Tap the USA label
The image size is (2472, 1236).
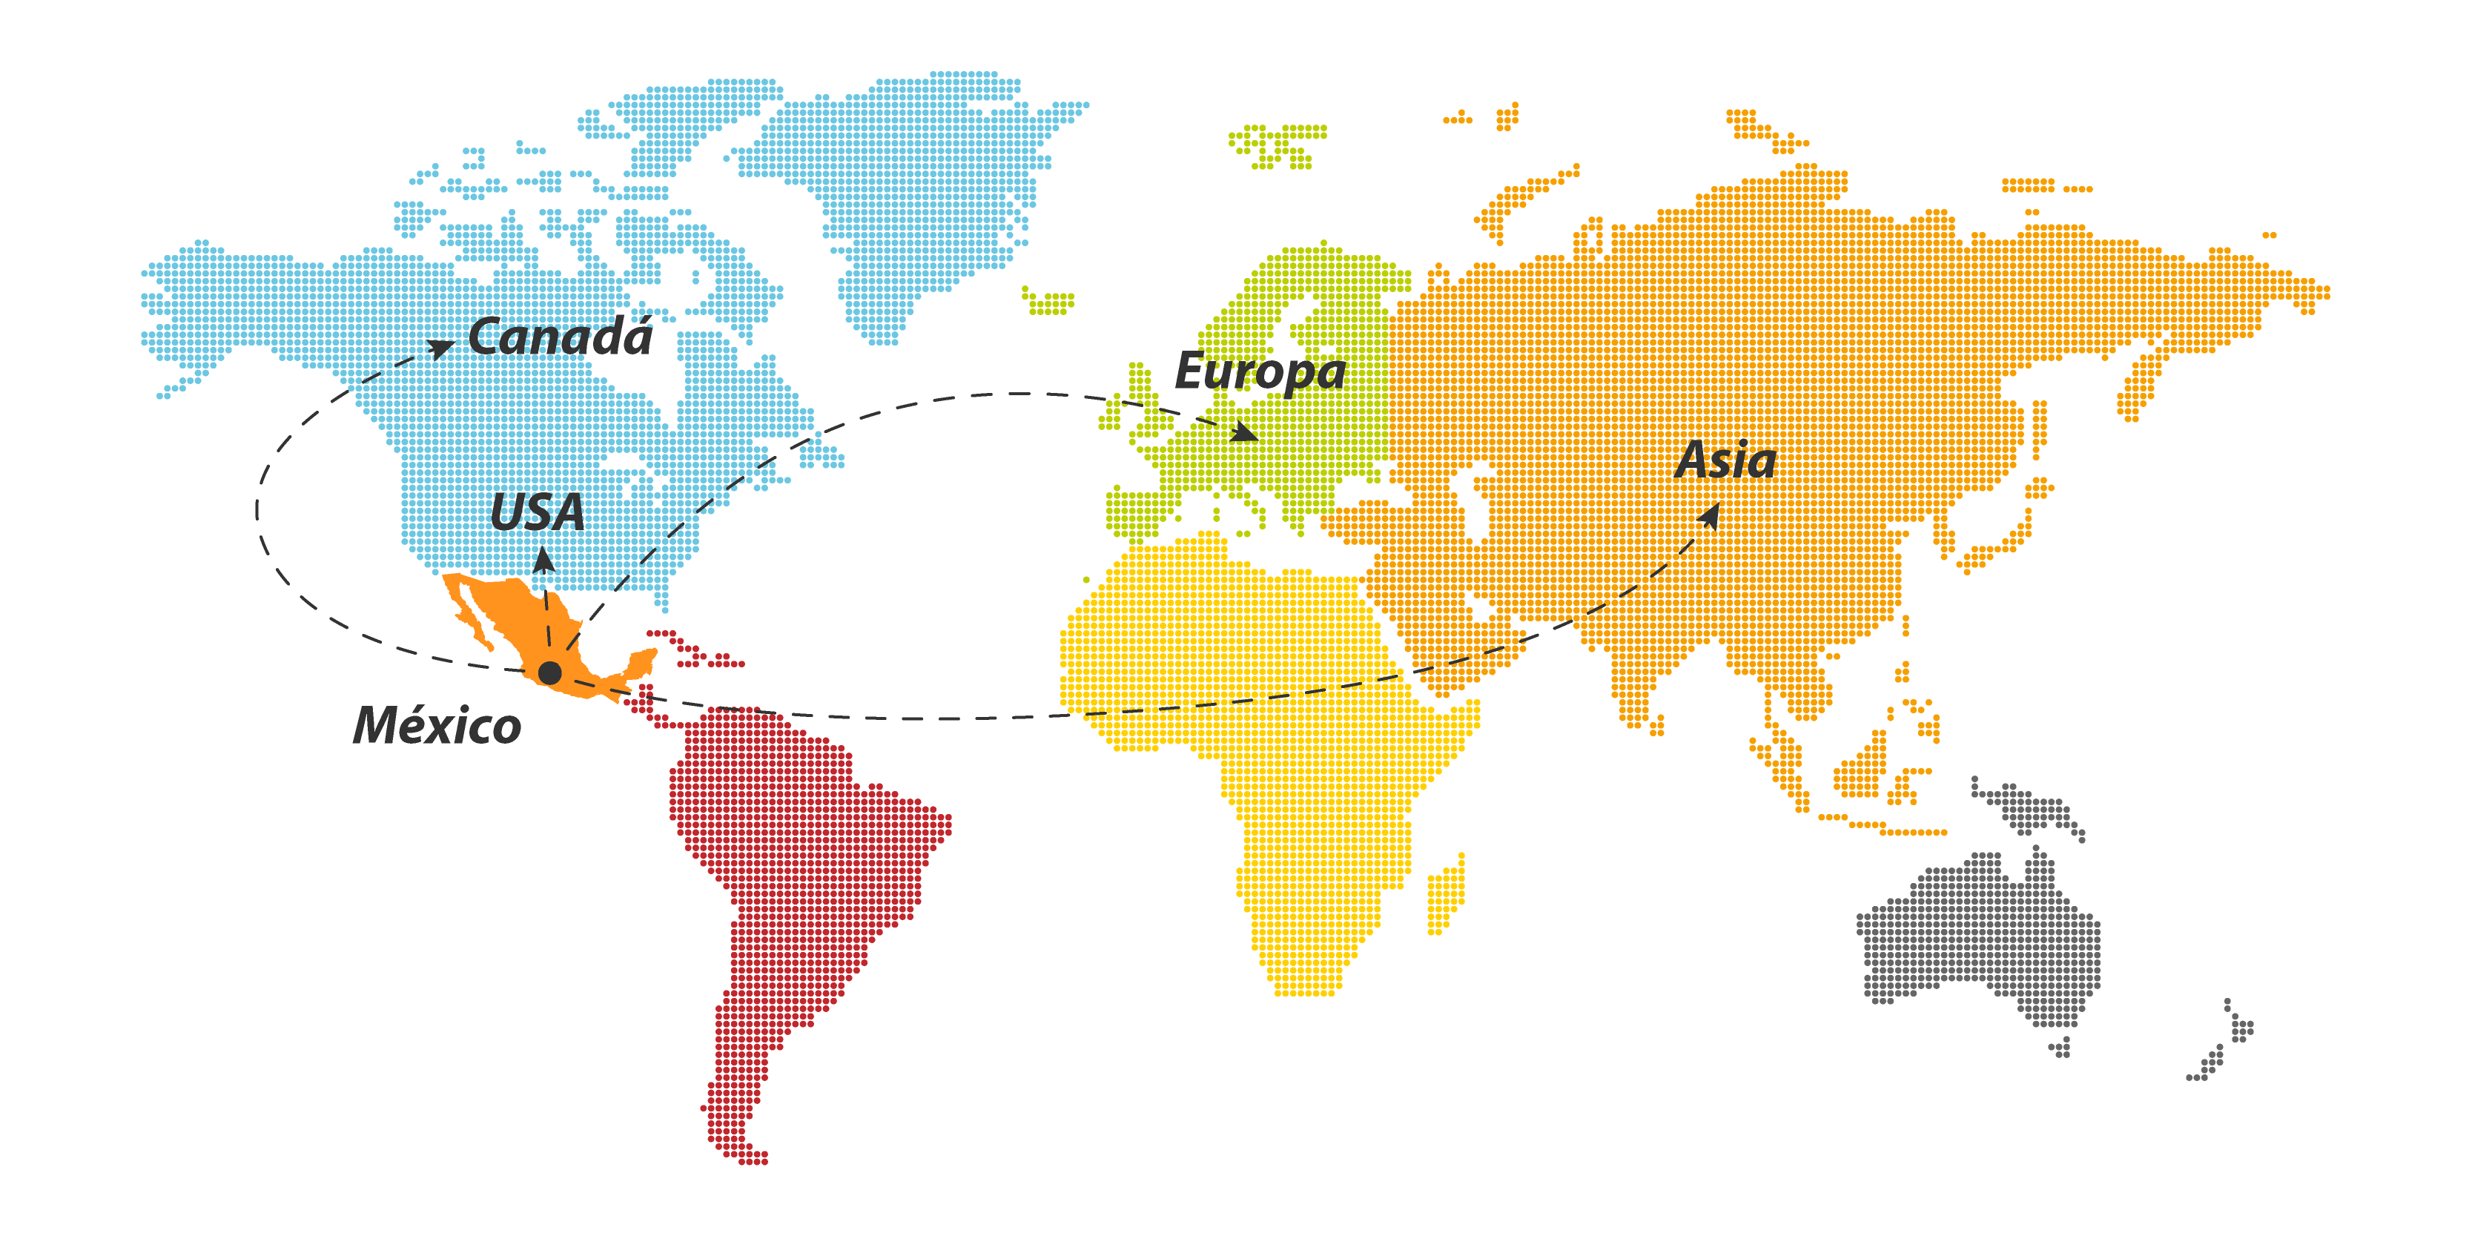[538, 512]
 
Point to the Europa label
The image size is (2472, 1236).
[1260, 371]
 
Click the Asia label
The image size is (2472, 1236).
[1726, 460]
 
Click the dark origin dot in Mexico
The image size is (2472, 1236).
[550, 672]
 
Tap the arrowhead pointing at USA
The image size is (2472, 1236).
[543, 557]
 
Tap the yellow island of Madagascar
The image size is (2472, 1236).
[1446, 893]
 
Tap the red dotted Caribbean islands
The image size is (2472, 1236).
[695, 651]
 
